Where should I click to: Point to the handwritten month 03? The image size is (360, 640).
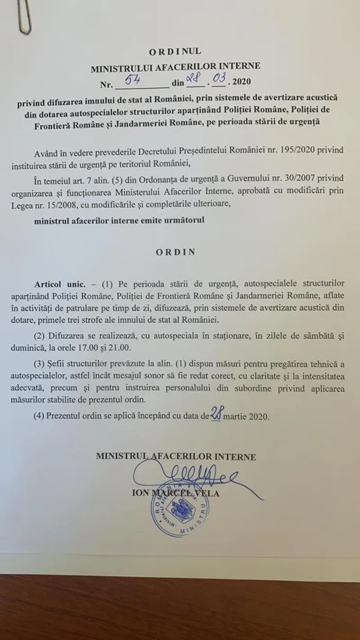tap(219, 80)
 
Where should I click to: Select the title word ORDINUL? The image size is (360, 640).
tap(175, 52)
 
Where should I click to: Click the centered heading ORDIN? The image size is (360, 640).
tap(176, 252)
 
